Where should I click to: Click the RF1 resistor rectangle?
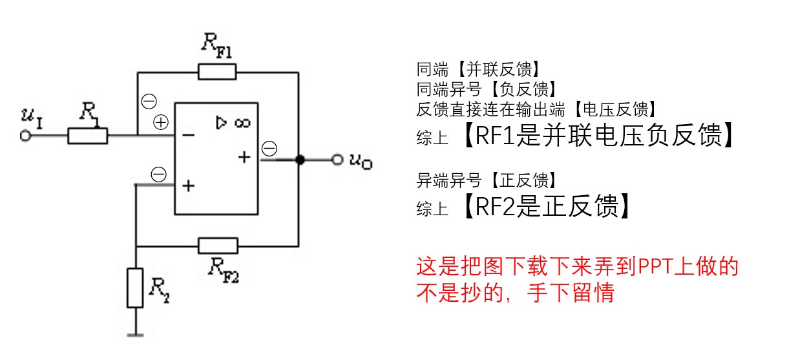point(217,71)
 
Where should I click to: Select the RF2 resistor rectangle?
point(218,246)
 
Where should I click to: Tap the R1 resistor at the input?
point(88,136)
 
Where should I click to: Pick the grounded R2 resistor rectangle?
point(135,288)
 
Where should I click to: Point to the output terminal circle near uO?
point(337,160)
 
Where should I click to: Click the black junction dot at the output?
point(299,160)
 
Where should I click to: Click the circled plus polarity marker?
point(160,122)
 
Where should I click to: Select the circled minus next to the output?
point(269,149)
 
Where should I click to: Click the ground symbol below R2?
point(135,334)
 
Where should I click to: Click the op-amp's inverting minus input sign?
point(188,136)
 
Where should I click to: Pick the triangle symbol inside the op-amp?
point(222,122)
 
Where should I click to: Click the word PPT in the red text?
point(657,267)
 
